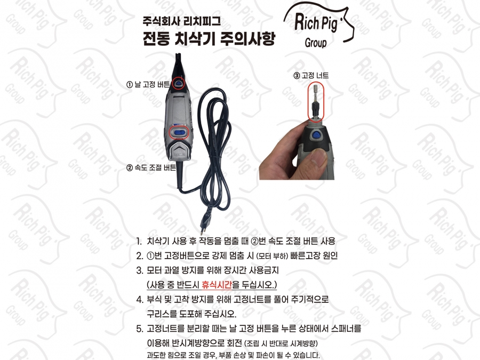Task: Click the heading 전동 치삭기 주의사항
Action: click(209, 38)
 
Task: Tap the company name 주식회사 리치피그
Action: click(181, 21)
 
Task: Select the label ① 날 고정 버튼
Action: click(148, 84)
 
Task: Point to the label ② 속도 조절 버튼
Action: click(151, 167)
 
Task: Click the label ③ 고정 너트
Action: click(311, 76)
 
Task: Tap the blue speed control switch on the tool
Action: click(179, 133)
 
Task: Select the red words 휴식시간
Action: click(217, 285)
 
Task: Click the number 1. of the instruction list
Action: click(139, 241)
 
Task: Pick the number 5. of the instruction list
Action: click(140, 329)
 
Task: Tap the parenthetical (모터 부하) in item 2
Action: click(271, 256)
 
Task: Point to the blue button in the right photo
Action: click(315, 136)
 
